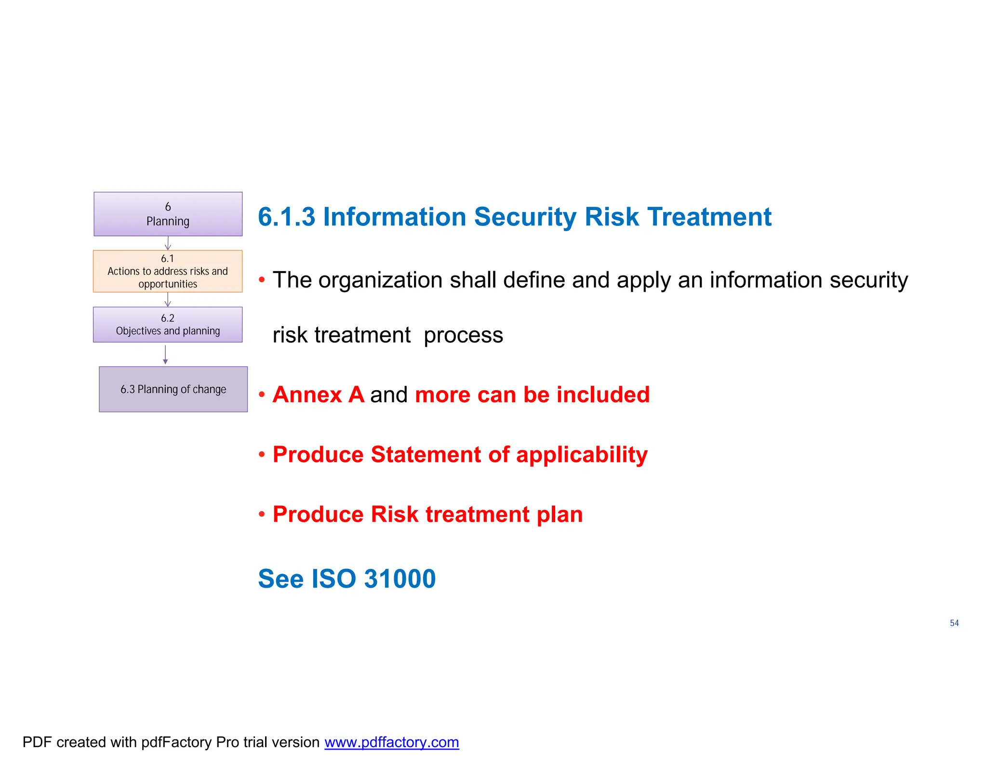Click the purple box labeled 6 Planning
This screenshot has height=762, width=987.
[x=168, y=214]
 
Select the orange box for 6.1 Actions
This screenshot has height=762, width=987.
[x=168, y=271]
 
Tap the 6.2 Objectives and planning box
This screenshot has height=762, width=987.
[x=168, y=325]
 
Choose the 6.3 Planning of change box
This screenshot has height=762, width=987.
[x=173, y=389]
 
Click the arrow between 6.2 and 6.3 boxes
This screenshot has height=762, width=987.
[x=165, y=355]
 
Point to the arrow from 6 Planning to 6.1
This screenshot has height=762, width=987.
[x=168, y=243]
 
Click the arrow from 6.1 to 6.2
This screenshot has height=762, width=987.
[x=168, y=300]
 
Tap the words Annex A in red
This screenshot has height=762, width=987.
[x=318, y=395]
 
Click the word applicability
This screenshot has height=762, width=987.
[x=582, y=455]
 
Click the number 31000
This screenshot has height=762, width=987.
[x=400, y=579]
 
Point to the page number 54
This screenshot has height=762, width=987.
[x=954, y=623]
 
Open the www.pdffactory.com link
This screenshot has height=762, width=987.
[x=391, y=742]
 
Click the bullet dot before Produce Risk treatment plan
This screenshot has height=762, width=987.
[x=262, y=514]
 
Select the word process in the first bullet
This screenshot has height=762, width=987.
[x=463, y=336]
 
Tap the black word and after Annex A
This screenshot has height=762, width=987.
[x=389, y=395]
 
